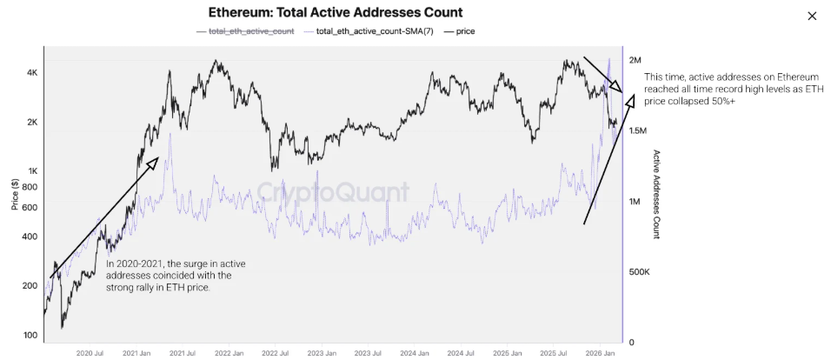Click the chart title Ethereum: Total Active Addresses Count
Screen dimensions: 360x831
pyautogui.click(x=335, y=13)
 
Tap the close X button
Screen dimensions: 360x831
pyautogui.click(x=812, y=16)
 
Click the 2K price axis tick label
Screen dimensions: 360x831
pyautogui.click(x=31, y=123)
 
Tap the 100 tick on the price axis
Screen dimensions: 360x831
pyautogui.click(x=30, y=336)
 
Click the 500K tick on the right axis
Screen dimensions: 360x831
pyautogui.click(x=639, y=272)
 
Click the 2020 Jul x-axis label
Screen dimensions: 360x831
pyautogui.click(x=90, y=353)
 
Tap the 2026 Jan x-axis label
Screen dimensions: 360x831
pyautogui.click(x=600, y=353)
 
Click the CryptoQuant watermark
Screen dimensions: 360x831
pyautogui.click(x=332, y=190)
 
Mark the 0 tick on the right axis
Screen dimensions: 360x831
pyautogui.click(x=630, y=343)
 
